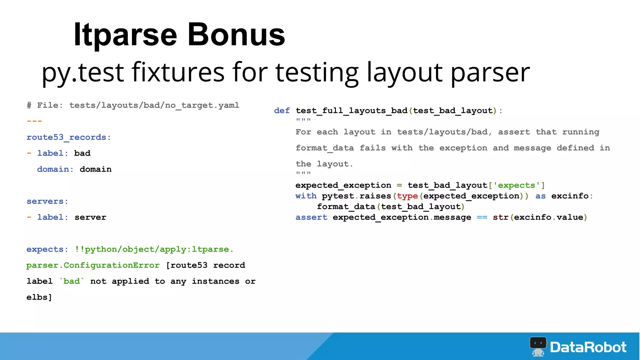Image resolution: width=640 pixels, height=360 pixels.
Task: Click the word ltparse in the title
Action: coord(125,35)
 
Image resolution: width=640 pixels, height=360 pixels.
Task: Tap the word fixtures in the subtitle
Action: coord(178,72)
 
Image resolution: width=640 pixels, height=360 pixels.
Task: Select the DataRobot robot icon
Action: coord(538,346)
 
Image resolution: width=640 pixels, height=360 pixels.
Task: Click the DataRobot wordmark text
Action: coord(588,347)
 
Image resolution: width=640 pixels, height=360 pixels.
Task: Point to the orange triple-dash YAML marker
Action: coord(34,121)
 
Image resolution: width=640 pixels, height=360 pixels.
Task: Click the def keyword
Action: coord(282,111)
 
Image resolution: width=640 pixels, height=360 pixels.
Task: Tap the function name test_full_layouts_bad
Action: coord(352,111)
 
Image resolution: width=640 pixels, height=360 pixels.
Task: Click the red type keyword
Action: coord(407,196)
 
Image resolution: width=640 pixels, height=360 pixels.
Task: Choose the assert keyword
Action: coord(311,217)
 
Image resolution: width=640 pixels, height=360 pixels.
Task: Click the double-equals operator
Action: coord(482,217)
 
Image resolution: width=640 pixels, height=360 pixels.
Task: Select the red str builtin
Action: coord(501,217)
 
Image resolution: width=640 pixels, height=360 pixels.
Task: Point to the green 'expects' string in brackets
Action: coord(517,185)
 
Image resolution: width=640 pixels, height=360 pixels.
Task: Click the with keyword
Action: coord(306,196)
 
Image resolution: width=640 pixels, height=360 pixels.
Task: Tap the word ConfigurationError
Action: coord(112,265)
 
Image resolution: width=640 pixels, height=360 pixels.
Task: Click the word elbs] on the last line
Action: coord(39,297)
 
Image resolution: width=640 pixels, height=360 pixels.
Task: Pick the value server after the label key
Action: coord(90,217)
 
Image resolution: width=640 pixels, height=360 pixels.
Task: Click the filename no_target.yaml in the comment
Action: coord(202,105)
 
